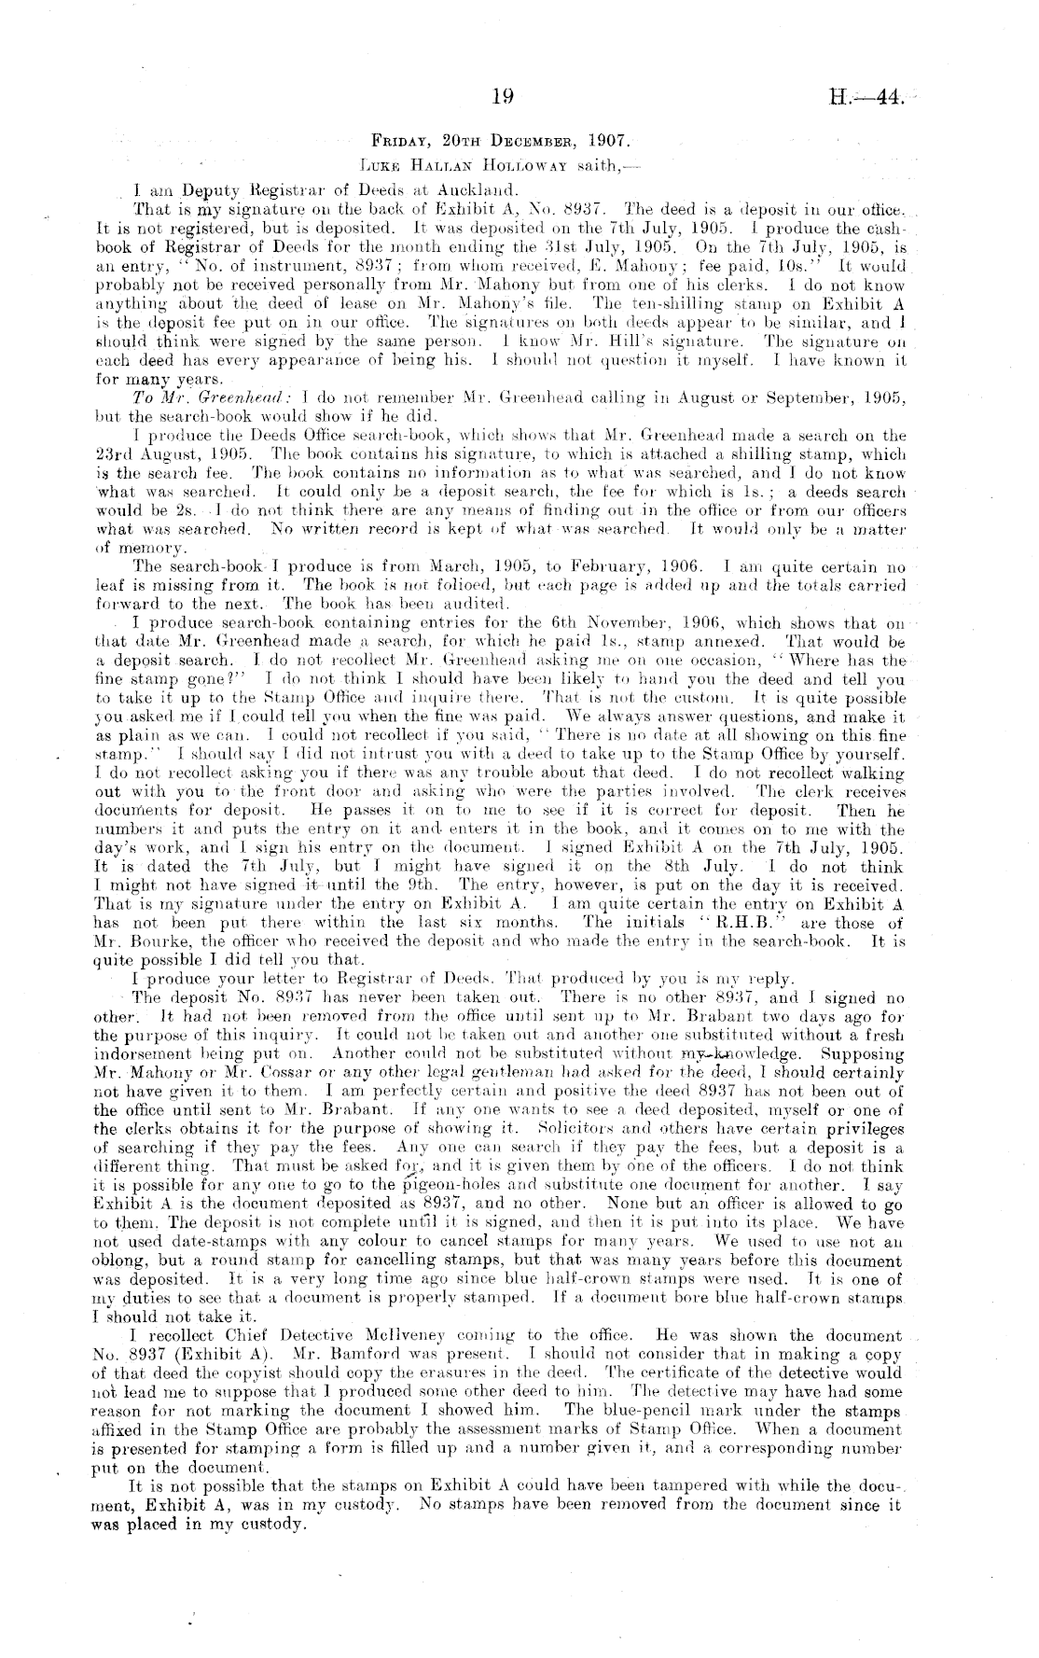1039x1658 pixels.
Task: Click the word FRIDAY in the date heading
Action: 397,145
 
